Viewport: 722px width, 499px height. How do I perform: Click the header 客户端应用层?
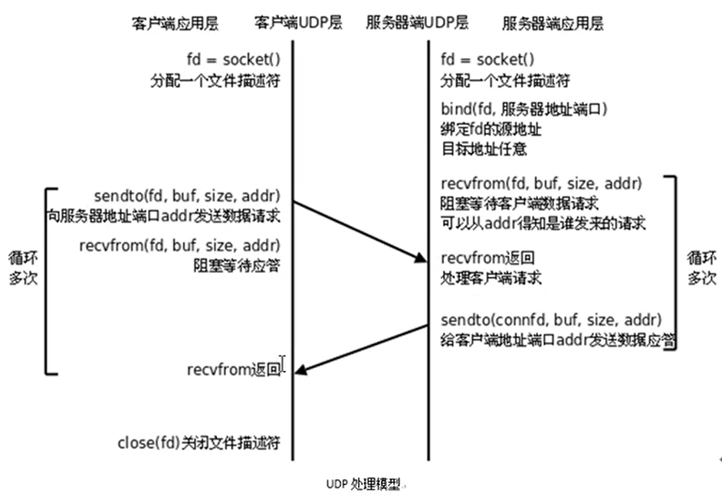click(x=175, y=24)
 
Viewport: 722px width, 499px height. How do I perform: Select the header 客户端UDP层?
click(x=292, y=24)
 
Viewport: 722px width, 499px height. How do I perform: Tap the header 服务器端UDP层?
click(x=417, y=24)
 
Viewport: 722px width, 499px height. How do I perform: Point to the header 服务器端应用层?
click(x=553, y=24)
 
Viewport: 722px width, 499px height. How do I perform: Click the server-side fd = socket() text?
click(x=487, y=59)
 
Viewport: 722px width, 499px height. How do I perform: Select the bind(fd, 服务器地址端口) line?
click(x=524, y=110)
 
